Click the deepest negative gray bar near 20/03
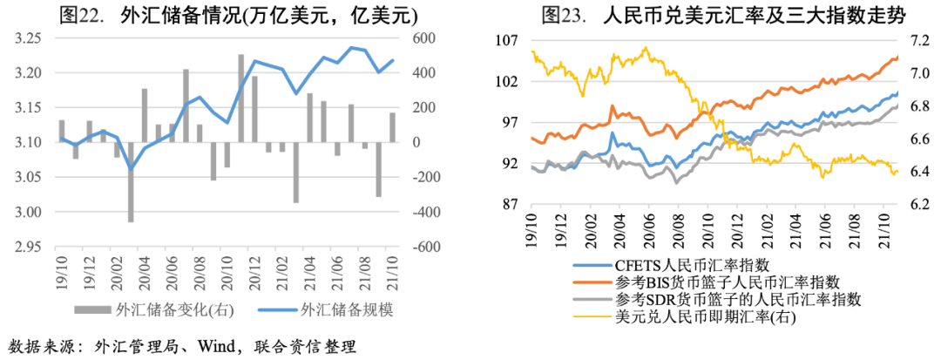(131, 182)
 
